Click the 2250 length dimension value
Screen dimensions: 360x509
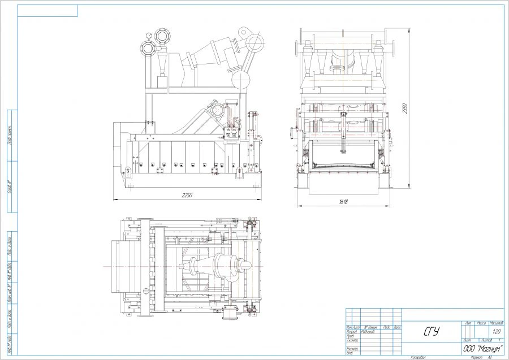(x=187, y=196)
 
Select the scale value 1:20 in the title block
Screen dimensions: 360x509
(x=497, y=332)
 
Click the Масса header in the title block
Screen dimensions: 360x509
(x=482, y=323)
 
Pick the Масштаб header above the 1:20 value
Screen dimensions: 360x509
(x=497, y=323)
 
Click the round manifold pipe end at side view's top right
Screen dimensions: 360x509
(x=255, y=42)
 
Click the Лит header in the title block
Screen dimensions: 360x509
(x=468, y=323)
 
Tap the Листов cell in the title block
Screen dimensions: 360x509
(x=485, y=341)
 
